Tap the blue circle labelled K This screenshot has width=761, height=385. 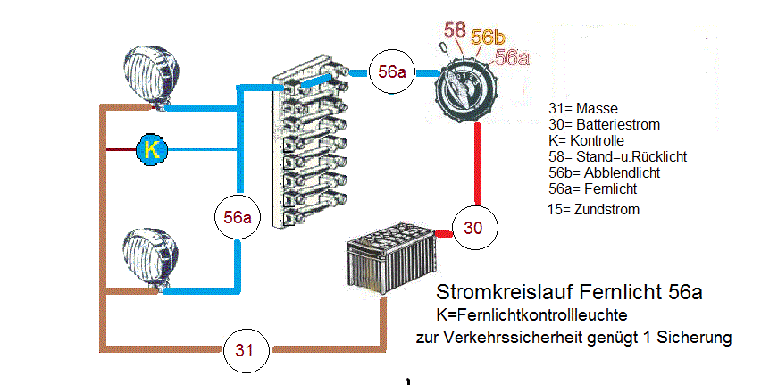152,149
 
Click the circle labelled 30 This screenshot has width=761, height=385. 473,228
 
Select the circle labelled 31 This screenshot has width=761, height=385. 245,349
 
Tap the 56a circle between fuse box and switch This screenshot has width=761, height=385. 393,72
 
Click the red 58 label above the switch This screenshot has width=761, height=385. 455,31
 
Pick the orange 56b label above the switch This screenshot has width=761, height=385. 488,38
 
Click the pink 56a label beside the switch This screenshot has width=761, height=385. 512,57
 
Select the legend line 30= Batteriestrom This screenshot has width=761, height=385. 598,124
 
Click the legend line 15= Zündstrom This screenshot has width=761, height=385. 594,209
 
